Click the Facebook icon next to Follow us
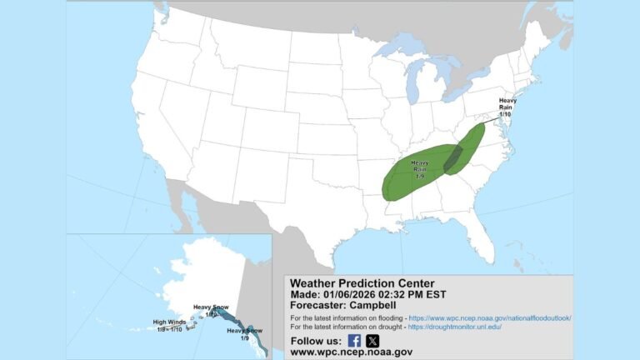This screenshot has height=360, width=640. click(x=354, y=340)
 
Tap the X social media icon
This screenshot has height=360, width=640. click(x=372, y=340)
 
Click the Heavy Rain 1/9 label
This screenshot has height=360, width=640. click(x=419, y=169)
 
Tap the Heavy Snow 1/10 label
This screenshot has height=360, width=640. click(x=210, y=310)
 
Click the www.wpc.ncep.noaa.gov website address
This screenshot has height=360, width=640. click(x=351, y=352)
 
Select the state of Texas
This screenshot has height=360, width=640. click(x=308, y=208)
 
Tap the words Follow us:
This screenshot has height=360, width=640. click(x=315, y=341)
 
